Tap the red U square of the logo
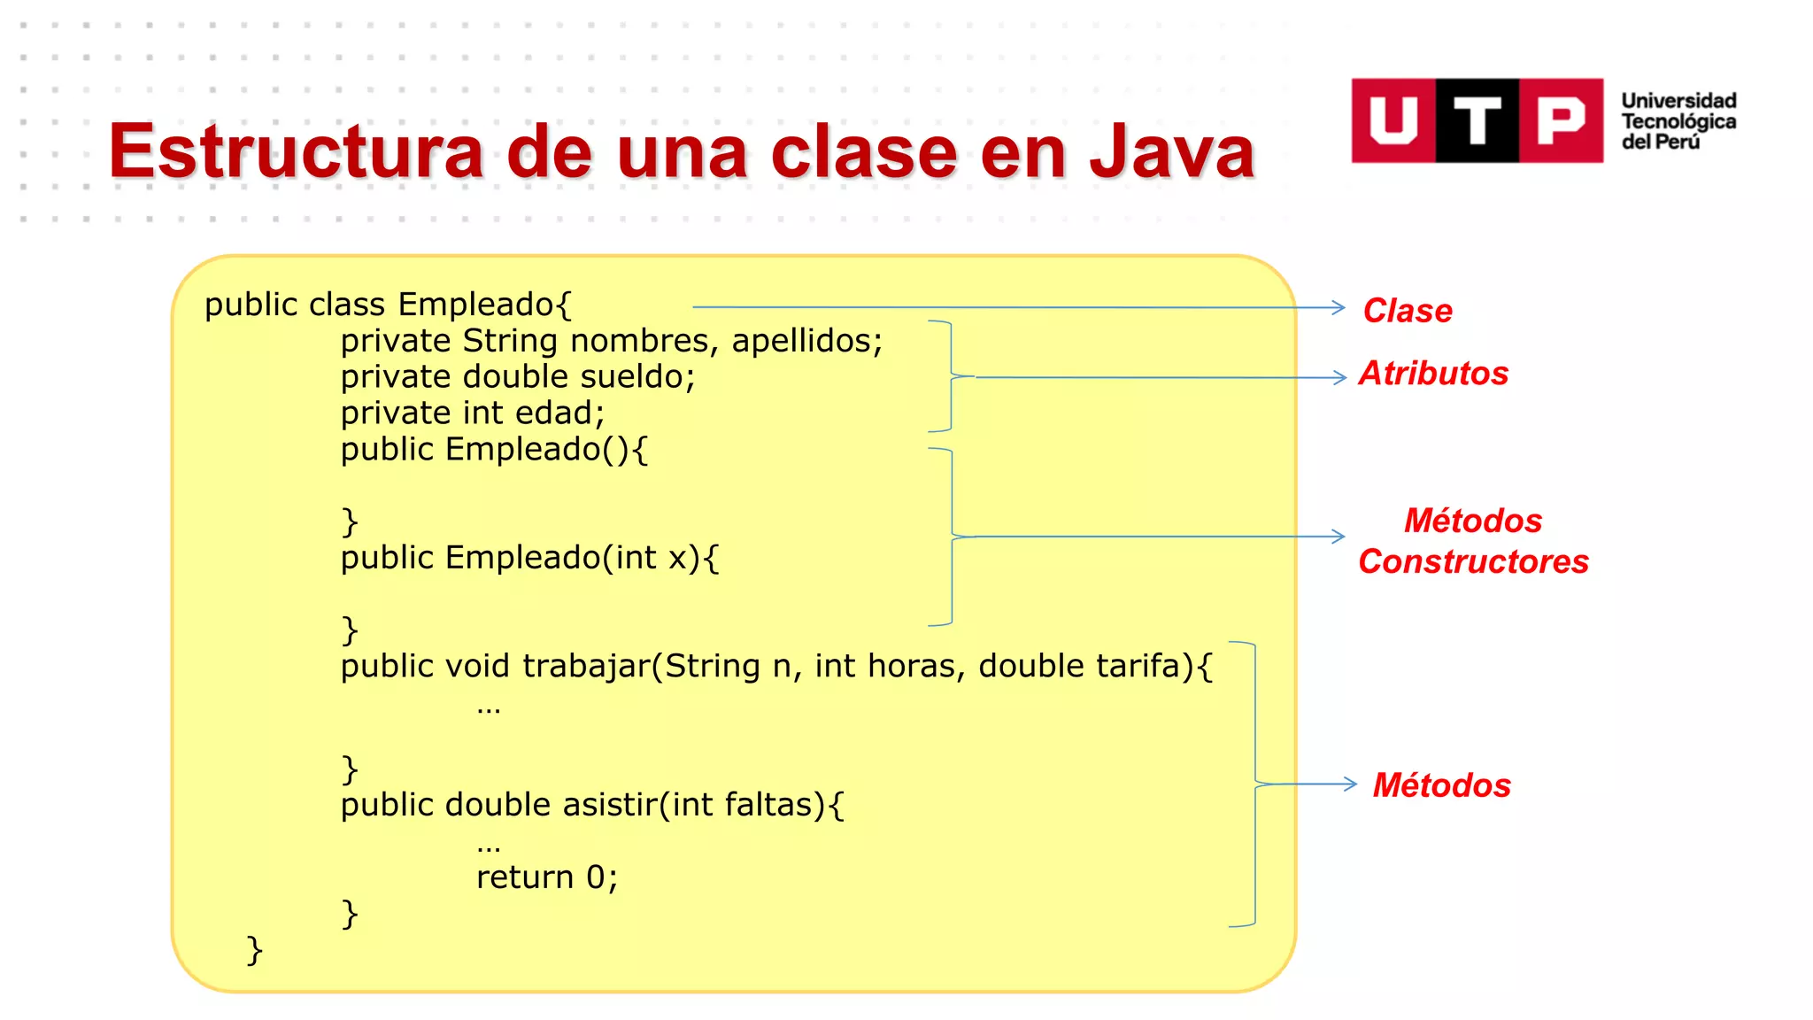pyautogui.click(x=1393, y=120)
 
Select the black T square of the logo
pyautogui.click(x=1477, y=120)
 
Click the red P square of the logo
pyautogui.click(x=1561, y=120)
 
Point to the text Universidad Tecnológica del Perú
pyautogui.click(x=1678, y=121)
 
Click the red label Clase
pyautogui.click(x=1407, y=311)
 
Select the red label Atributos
pyautogui.click(x=1433, y=374)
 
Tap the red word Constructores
pyautogui.click(x=1473, y=561)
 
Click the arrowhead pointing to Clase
pyautogui.click(x=1339, y=307)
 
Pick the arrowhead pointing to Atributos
pyautogui.click(x=1341, y=378)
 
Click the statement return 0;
pyautogui.click(x=546, y=877)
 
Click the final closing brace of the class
pyautogui.click(x=254, y=950)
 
